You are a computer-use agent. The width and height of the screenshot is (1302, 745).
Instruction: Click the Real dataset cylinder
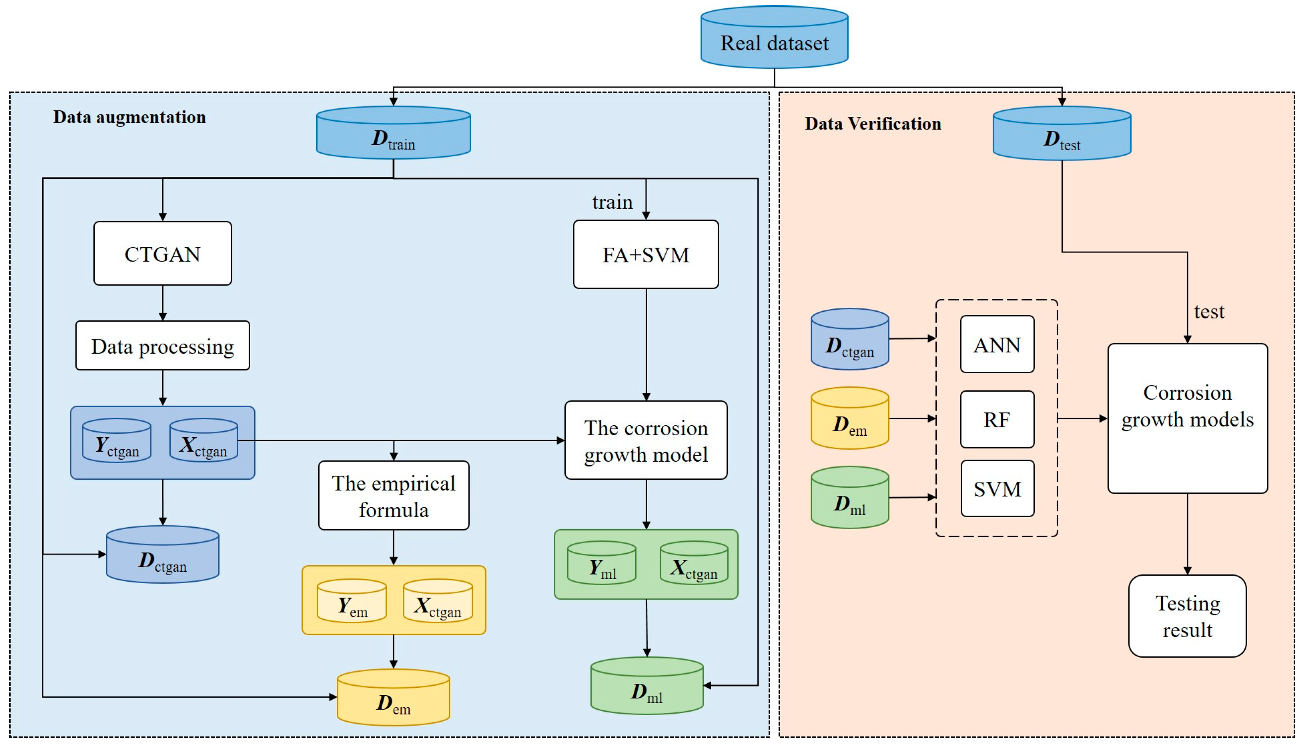[x=774, y=39]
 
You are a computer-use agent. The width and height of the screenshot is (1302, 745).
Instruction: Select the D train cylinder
[x=393, y=134]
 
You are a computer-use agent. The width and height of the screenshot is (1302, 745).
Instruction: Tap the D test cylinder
[x=1061, y=135]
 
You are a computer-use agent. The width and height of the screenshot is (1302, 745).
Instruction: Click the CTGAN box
[x=162, y=254]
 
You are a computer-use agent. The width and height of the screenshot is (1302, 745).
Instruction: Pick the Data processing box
[x=162, y=346]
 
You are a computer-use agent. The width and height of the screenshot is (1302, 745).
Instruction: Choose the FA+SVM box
[x=646, y=255]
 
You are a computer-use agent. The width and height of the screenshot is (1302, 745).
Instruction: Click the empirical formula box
[x=393, y=496]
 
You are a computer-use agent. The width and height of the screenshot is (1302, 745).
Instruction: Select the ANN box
[x=997, y=344]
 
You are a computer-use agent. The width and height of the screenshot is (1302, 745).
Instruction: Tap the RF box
[x=997, y=419]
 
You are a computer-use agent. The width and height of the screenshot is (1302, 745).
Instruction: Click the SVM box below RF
[x=997, y=489]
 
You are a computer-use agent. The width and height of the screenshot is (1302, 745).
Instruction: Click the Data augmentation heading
[x=130, y=117]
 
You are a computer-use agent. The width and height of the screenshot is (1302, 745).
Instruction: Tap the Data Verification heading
[x=872, y=124]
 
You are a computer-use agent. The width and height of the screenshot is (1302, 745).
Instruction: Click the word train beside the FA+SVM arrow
[x=612, y=202]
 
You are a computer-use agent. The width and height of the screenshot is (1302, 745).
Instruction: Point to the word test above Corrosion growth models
[x=1209, y=312]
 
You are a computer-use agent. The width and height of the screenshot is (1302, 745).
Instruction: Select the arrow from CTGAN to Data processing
[x=162, y=303]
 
